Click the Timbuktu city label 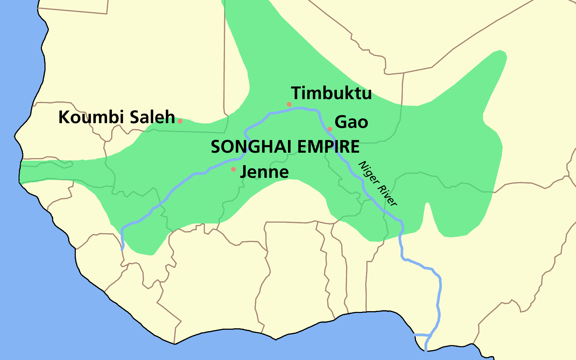click(x=331, y=93)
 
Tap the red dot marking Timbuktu click(x=289, y=104)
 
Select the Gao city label click(x=351, y=122)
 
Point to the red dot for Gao click(x=330, y=129)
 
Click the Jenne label click(x=265, y=172)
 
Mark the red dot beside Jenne click(x=233, y=169)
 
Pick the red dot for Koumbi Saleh click(x=180, y=121)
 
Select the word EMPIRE click(x=328, y=147)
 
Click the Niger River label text click(x=378, y=183)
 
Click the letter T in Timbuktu click(x=296, y=93)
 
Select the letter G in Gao click(x=340, y=122)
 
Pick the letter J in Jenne click(x=244, y=172)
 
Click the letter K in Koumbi click(x=64, y=117)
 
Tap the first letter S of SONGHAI click(x=215, y=147)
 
